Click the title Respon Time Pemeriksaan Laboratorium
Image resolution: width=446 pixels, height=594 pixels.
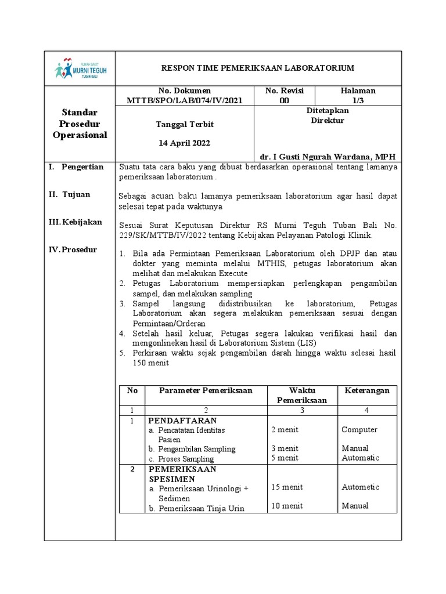click(257, 68)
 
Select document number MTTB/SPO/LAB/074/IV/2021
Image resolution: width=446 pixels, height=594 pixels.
click(185, 100)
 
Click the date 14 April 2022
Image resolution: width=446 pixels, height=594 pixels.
click(185, 143)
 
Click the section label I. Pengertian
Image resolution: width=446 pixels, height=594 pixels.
click(76, 167)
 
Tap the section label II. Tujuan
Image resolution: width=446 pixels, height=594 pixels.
click(69, 195)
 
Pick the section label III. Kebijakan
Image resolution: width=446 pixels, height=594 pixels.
click(75, 222)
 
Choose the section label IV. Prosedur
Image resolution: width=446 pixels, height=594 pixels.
click(73, 250)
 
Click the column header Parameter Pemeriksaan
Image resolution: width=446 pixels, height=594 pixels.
click(206, 390)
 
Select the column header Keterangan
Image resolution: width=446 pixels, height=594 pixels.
click(366, 390)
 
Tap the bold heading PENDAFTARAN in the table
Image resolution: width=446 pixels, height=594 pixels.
click(182, 420)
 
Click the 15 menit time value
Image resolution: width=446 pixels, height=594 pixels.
click(286, 487)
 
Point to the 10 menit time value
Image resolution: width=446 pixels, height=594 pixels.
click(286, 506)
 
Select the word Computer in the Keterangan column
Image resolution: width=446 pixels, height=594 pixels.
click(359, 430)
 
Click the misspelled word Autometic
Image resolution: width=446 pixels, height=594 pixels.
click(360, 487)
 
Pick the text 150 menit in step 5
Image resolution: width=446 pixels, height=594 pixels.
click(151, 363)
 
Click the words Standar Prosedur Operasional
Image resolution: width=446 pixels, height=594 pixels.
click(80, 124)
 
